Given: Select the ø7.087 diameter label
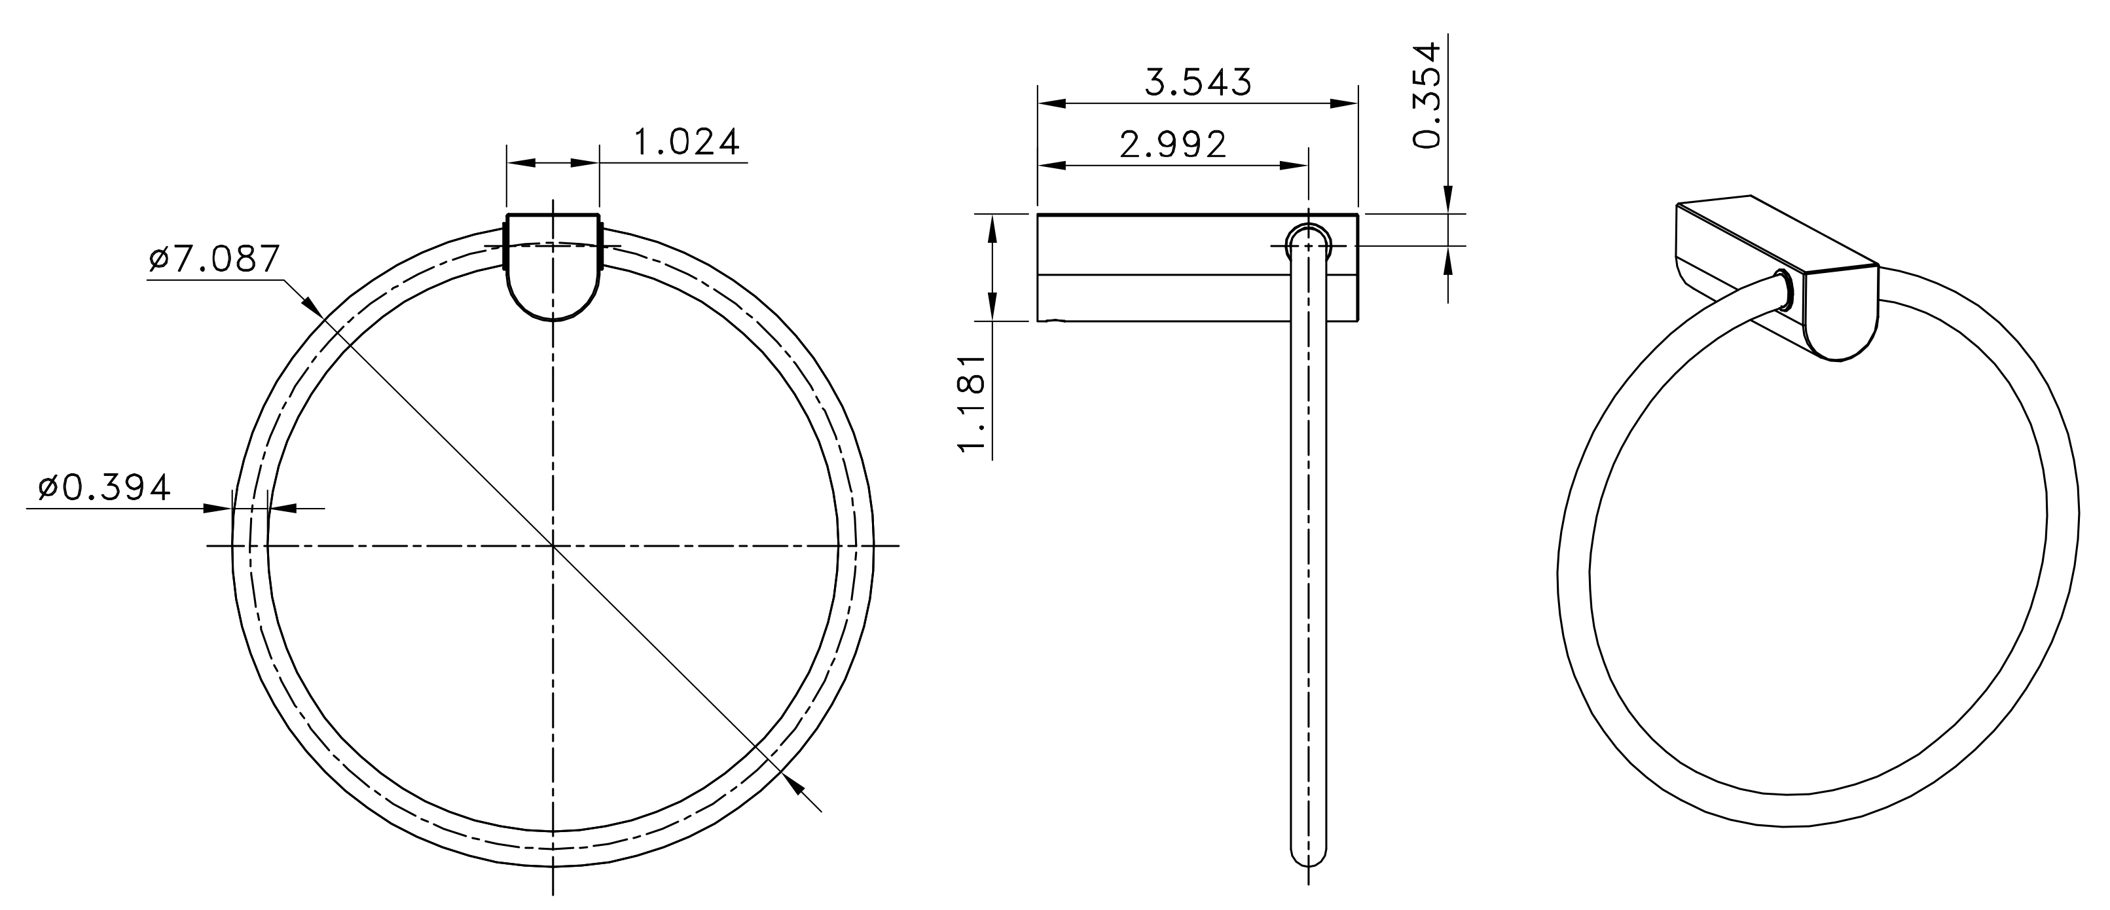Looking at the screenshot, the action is pyautogui.click(x=215, y=259).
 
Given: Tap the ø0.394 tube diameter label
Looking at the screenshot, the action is pyautogui.click(x=105, y=488).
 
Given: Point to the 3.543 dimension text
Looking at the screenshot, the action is pyautogui.click(x=1198, y=82).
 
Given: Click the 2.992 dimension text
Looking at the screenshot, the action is pyautogui.click(x=1173, y=145).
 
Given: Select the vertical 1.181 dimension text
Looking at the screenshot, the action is pyautogui.click(x=972, y=403).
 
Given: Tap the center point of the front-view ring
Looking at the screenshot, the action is pyautogui.click(x=553, y=545).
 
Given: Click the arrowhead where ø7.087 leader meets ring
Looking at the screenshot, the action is pyautogui.click(x=311, y=306).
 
